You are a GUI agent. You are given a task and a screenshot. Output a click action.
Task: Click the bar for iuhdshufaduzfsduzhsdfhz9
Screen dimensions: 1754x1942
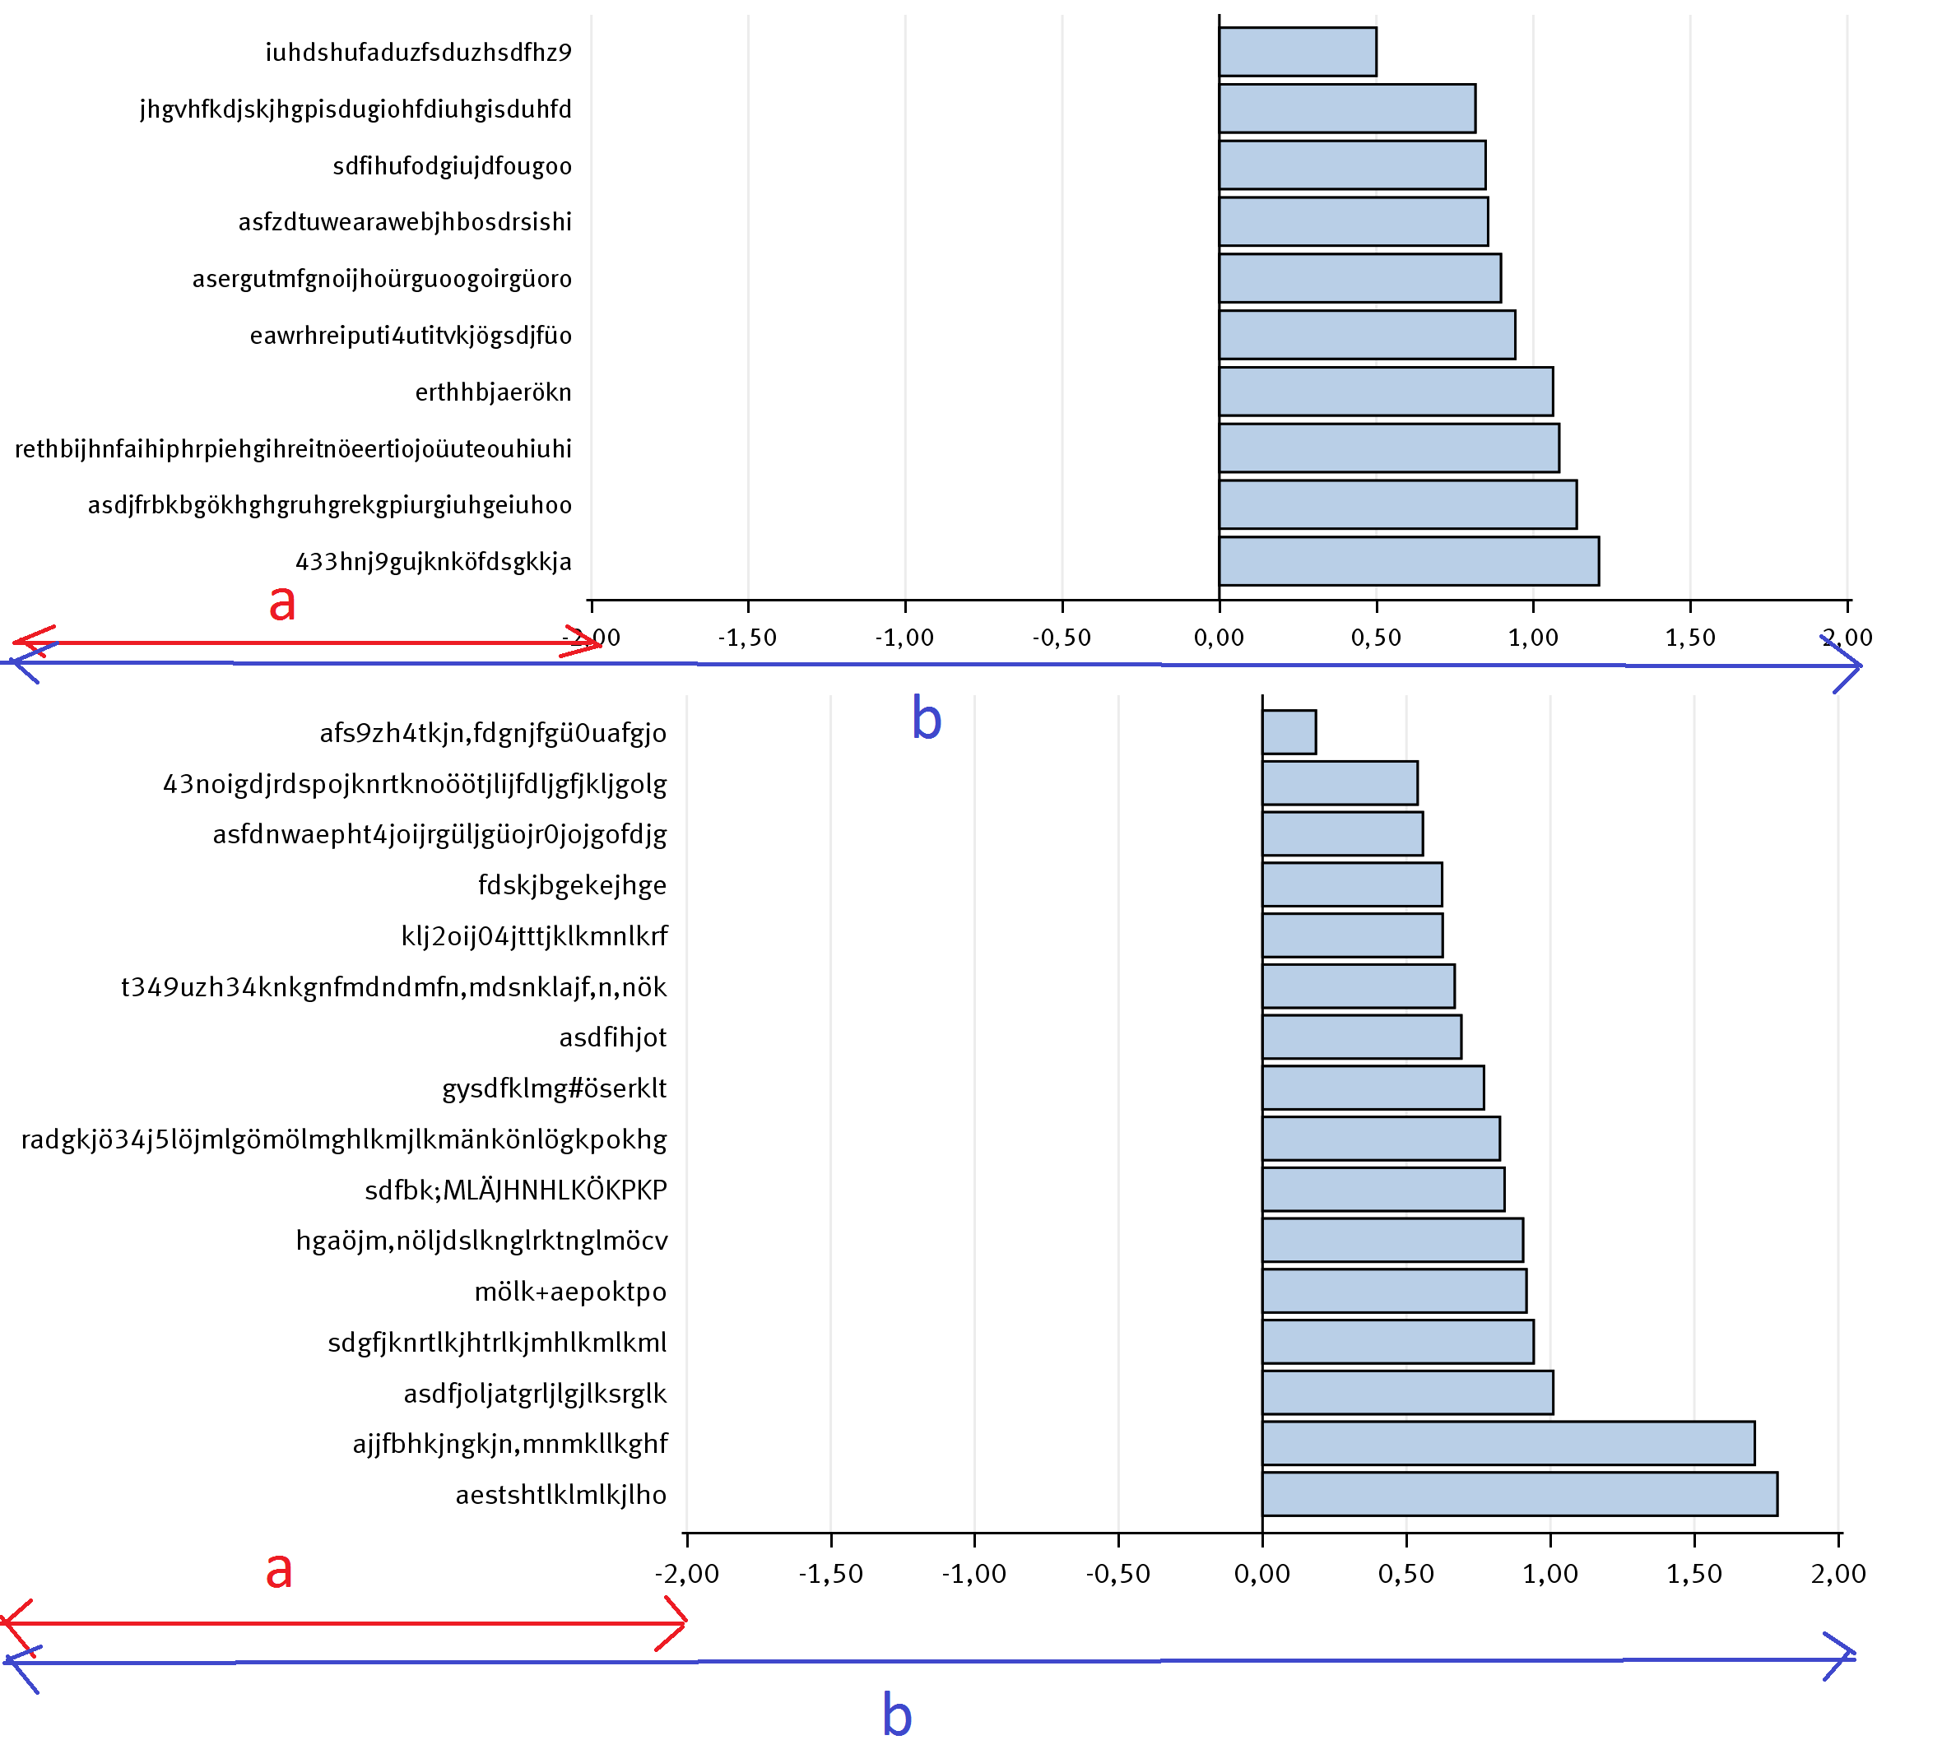click(x=1297, y=52)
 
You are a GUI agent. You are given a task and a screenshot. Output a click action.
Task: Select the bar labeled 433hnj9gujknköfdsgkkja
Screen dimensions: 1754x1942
click(x=1408, y=562)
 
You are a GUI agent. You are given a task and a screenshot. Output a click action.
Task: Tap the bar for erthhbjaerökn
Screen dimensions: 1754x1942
click(x=1385, y=392)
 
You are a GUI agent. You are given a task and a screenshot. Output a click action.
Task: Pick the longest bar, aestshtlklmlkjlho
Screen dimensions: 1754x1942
click(x=1519, y=1494)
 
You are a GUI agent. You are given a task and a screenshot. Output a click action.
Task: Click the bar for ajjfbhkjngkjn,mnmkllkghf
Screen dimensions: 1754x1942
click(x=1508, y=1443)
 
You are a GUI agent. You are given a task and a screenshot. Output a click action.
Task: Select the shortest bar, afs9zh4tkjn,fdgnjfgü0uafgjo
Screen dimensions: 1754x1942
click(x=1289, y=732)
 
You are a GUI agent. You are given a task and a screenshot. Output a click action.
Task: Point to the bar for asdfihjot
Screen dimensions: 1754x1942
click(x=1361, y=1037)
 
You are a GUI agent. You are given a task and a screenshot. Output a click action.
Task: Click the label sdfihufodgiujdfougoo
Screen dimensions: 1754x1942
click(x=452, y=165)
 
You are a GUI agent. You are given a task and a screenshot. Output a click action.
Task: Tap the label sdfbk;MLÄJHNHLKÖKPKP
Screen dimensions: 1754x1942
click(x=515, y=1190)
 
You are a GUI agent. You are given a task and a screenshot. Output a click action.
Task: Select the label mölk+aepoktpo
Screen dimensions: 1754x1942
click(x=570, y=1292)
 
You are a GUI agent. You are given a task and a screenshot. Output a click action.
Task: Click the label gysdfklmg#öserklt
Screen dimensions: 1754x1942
click(x=554, y=1088)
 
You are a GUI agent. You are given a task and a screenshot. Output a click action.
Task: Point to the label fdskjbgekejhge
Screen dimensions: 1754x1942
click(x=572, y=885)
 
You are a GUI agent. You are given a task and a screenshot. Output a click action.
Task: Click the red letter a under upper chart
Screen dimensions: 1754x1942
click(x=281, y=603)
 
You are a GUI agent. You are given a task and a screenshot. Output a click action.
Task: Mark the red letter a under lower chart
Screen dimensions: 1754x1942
click(x=278, y=1570)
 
